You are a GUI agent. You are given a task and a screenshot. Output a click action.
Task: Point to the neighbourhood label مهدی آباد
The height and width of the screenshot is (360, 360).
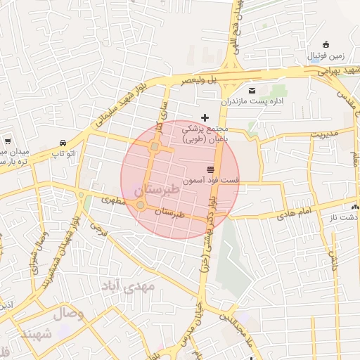coord(127,286)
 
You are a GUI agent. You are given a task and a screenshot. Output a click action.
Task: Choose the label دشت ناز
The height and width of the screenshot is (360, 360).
coord(346,217)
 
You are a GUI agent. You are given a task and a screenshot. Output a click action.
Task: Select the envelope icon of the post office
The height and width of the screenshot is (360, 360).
coord(252,91)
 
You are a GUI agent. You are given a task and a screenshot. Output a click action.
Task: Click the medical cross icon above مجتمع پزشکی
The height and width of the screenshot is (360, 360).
coord(205,117)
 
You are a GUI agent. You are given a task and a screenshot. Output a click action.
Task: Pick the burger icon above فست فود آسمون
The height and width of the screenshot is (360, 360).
coord(210,169)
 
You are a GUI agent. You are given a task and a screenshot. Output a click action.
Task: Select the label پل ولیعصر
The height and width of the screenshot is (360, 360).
coord(198,81)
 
